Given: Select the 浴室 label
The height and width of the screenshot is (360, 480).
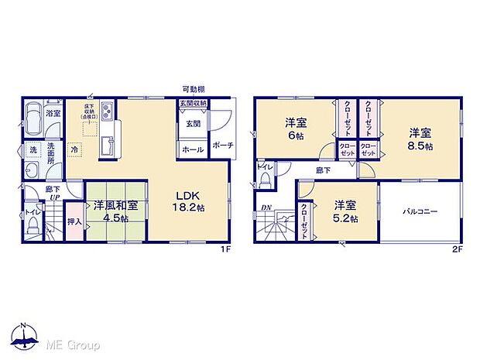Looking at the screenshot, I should pyautogui.click(x=53, y=114).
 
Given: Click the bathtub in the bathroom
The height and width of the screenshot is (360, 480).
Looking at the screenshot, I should pyautogui.click(x=33, y=122).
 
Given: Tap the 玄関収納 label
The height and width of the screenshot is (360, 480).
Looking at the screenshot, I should pyautogui.click(x=193, y=104).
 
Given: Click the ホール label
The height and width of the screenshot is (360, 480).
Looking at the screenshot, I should pyautogui.click(x=192, y=149).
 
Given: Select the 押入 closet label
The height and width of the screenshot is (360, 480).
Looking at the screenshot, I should pyautogui.click(x=74, y=221).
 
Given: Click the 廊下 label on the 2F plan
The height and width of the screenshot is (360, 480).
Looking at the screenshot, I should pyautogui.click(x=323, y=170).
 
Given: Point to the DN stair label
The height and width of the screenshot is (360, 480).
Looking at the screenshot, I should pyautogui.click(x=266, y=207).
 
